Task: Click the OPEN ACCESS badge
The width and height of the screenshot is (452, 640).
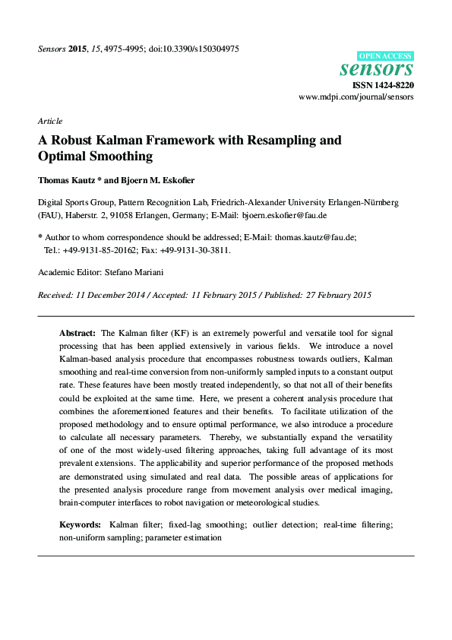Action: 385,56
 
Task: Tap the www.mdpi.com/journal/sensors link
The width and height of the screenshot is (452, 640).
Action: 356,98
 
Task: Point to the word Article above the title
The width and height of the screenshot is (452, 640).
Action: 49,121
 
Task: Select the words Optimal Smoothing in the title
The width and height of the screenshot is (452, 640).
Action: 95,157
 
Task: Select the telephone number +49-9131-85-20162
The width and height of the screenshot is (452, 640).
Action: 96,249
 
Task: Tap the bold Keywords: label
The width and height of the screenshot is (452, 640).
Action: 80,525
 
